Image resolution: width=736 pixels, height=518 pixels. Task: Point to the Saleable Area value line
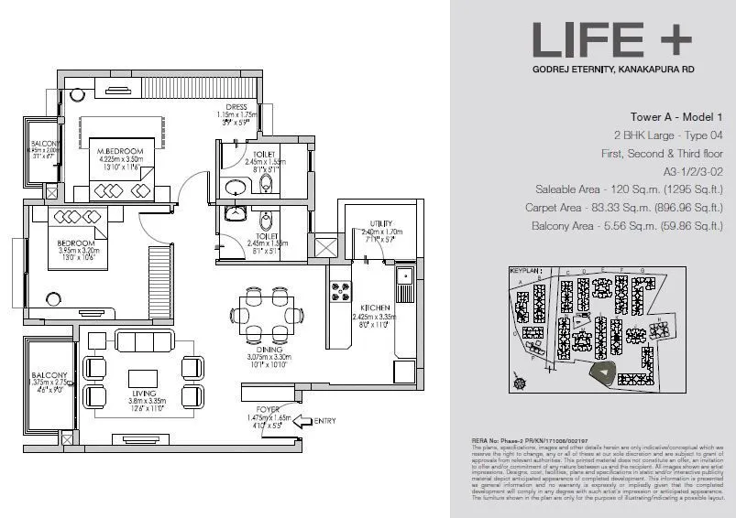click(x=632, y=189)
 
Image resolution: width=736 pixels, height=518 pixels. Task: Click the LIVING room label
click(x=142, y=390)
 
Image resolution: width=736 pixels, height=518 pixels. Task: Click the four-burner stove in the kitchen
click(x=342, y=292)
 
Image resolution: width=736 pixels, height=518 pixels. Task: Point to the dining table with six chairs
click(x=267, y=307)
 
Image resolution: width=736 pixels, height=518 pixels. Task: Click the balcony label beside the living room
click(x=49, y=375)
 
